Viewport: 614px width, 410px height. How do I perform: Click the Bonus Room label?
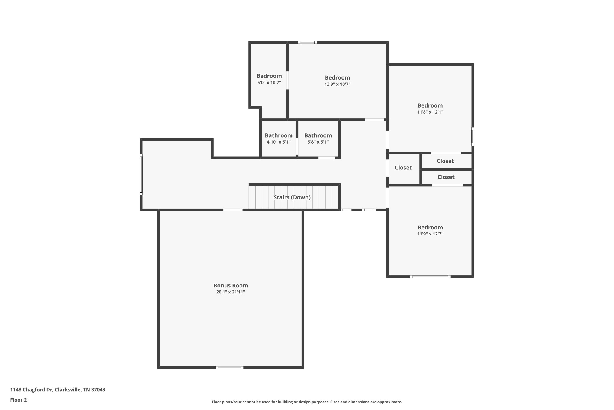tap(231, 286)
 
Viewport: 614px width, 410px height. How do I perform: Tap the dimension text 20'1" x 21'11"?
tap(231, 292)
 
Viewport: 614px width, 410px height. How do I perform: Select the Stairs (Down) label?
tap(292, 197)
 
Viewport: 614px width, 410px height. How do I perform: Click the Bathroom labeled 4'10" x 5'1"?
tap(279, 135)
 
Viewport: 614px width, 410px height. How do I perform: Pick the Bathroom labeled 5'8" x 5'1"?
tap(318, 135)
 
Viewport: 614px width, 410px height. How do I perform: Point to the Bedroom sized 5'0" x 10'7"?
tap(269, 76)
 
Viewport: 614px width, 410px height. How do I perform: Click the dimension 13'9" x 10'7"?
tap(337, 84)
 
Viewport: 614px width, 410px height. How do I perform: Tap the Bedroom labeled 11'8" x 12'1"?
tap(430, 105)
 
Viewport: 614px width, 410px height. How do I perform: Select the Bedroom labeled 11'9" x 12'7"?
tap(430, 228)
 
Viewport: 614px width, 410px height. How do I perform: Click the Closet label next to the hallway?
tap(403, 168)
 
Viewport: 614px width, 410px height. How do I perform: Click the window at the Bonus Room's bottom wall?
tap(229, 368)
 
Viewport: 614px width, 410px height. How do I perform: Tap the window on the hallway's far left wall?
tap(141, 175)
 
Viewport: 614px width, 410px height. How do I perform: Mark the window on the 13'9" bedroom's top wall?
tap(307, 42)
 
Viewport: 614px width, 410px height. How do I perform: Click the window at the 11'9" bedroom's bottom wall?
tap(430, 277)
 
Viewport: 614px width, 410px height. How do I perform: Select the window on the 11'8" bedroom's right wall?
tap(473, 136)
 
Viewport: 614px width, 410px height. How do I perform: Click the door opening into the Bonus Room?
tap(233, 210)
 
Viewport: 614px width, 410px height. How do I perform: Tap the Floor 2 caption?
tap(19, 400)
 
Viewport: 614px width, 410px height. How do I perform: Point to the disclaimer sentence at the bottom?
tap(307, 402)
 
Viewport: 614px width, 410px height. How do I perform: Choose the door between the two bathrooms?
tap(297, 146)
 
